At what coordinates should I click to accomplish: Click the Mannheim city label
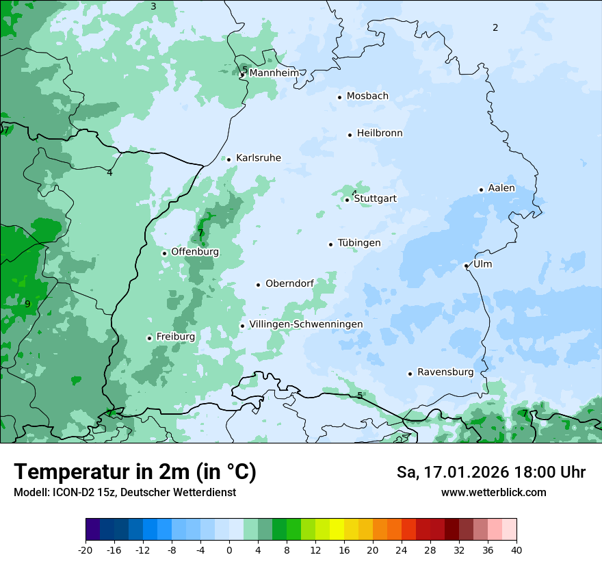tap(274, 73)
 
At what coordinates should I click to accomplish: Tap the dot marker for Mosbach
tap(339, 97)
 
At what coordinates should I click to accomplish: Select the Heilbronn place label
tap(380, 133)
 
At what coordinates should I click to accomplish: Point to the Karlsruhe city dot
tap(228, 159)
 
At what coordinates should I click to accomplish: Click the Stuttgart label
tap(375, 198)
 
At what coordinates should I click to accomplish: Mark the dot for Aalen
tap(481, 190)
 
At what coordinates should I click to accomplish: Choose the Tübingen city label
tap(359, 243)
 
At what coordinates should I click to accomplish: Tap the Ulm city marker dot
tap(466, 266)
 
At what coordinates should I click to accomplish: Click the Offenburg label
tap(195, 252)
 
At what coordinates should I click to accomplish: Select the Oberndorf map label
tap(290, 284)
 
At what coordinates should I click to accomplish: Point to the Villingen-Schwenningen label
tap(306, 324)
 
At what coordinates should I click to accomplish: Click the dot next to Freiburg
tap(149, 338)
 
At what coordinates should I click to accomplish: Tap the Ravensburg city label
tap(445, 372)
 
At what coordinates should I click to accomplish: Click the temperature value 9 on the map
tap(27, 304)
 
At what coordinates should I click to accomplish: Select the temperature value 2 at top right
tap(495, 27)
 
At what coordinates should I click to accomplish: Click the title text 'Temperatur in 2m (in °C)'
tap(135, 472)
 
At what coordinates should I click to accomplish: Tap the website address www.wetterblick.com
tap(493, 493)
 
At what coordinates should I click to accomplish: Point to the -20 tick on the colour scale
tap(86, 550)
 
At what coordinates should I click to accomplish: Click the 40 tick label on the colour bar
tap(516, 550)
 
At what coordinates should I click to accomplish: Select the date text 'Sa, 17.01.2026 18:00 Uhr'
tap(490, 472)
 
